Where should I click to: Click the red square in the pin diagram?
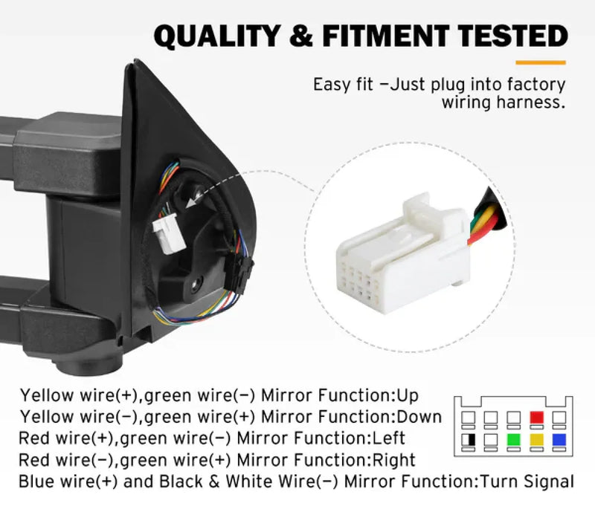point(536,418)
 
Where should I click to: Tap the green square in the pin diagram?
point(513,440)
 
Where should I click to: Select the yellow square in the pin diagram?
point(536,440)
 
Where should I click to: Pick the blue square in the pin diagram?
point(559,440)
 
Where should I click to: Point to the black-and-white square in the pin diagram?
point(469,440)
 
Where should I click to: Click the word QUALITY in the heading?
point(217,36)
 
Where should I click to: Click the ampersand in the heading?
point(301,36)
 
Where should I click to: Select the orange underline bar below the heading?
point(541,62)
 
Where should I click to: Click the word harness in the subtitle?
point(530,102)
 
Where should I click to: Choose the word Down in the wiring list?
point(419,417)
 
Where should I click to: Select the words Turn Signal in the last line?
point(527,481)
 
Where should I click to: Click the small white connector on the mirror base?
point(169,233)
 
